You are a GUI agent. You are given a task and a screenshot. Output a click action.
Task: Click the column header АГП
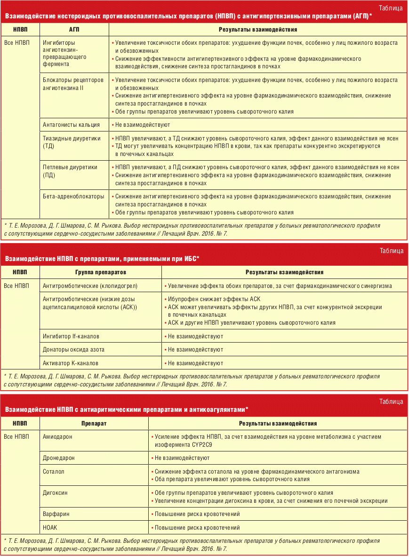click(x=74, y=29)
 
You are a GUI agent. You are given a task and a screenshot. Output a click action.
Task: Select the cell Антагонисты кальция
click(x=71, y=125)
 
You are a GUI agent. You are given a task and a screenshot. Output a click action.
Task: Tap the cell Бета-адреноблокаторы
click(x=73, y=197)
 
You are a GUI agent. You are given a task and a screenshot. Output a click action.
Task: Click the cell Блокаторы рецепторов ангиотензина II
click(x=73, y=84)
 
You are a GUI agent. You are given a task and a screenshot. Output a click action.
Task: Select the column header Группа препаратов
click(x=100, y=272)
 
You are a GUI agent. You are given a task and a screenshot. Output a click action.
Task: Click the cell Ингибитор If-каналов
click(x=71, y=336)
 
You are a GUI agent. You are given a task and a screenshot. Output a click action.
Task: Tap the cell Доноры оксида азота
click(x=73, y=350)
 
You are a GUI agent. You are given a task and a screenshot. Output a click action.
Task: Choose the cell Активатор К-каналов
click(x=71, y=363)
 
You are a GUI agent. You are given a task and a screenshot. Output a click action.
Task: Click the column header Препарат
click(x=94, y=424)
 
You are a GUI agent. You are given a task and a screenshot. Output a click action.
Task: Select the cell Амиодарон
click(x=58, y=437)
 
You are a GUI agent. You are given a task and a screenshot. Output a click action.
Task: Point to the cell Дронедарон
click(x=59, y=458)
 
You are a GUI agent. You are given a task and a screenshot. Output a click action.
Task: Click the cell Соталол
click(x=53, y=471)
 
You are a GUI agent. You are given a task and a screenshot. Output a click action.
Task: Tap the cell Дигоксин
click(x=55, y=493)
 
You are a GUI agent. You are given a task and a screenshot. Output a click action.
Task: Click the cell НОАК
click(x=50, y=527)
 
